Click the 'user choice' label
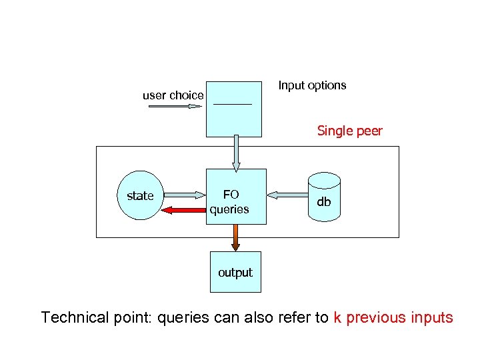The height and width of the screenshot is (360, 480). coord(173,95)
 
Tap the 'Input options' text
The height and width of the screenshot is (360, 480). coord(312,85)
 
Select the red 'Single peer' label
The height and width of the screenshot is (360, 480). coord(349,131)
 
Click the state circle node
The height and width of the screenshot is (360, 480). coord(140,196)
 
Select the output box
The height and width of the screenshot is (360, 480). coord(235,272)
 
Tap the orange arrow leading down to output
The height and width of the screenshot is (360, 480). coord(235,237)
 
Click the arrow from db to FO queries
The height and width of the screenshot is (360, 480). coord(287,195)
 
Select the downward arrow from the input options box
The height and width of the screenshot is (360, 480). coord(235,153)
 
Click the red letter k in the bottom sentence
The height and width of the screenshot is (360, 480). coord(337,317)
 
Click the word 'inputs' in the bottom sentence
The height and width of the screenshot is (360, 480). coord(432,318)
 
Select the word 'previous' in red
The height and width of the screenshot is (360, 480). coord(375,318)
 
